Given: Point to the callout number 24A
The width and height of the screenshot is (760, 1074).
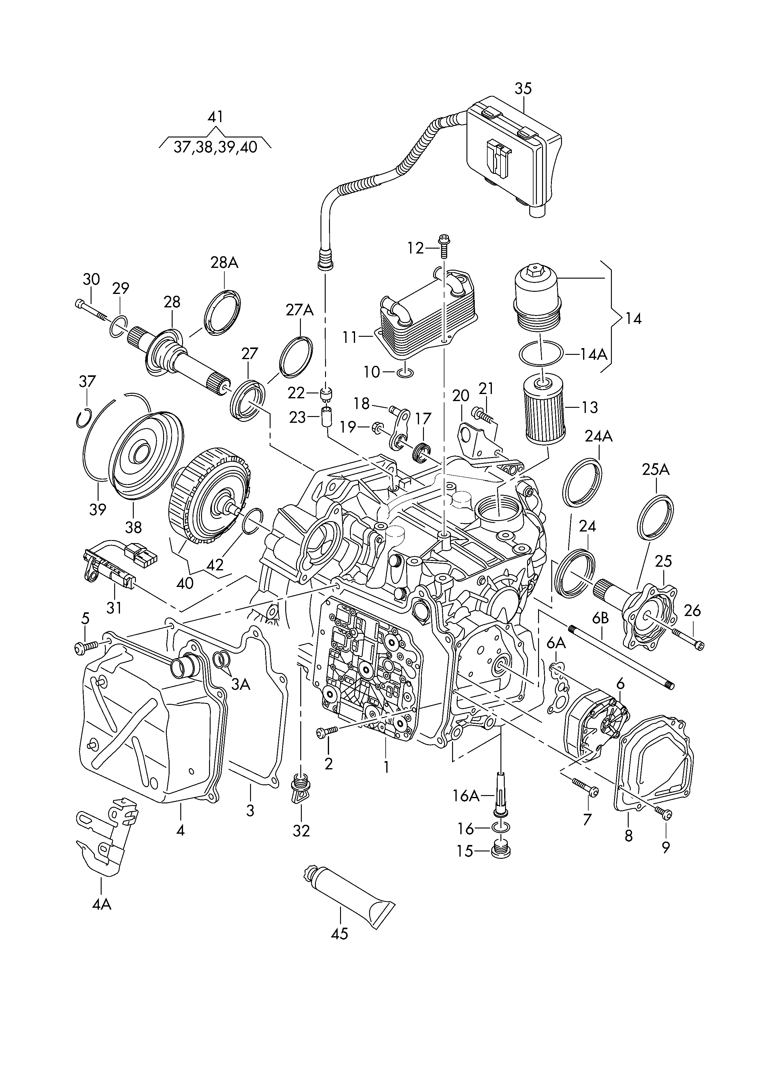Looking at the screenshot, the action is (x=599, y=436).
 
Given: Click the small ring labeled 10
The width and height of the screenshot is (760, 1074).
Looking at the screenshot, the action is (x=404, y=373).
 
